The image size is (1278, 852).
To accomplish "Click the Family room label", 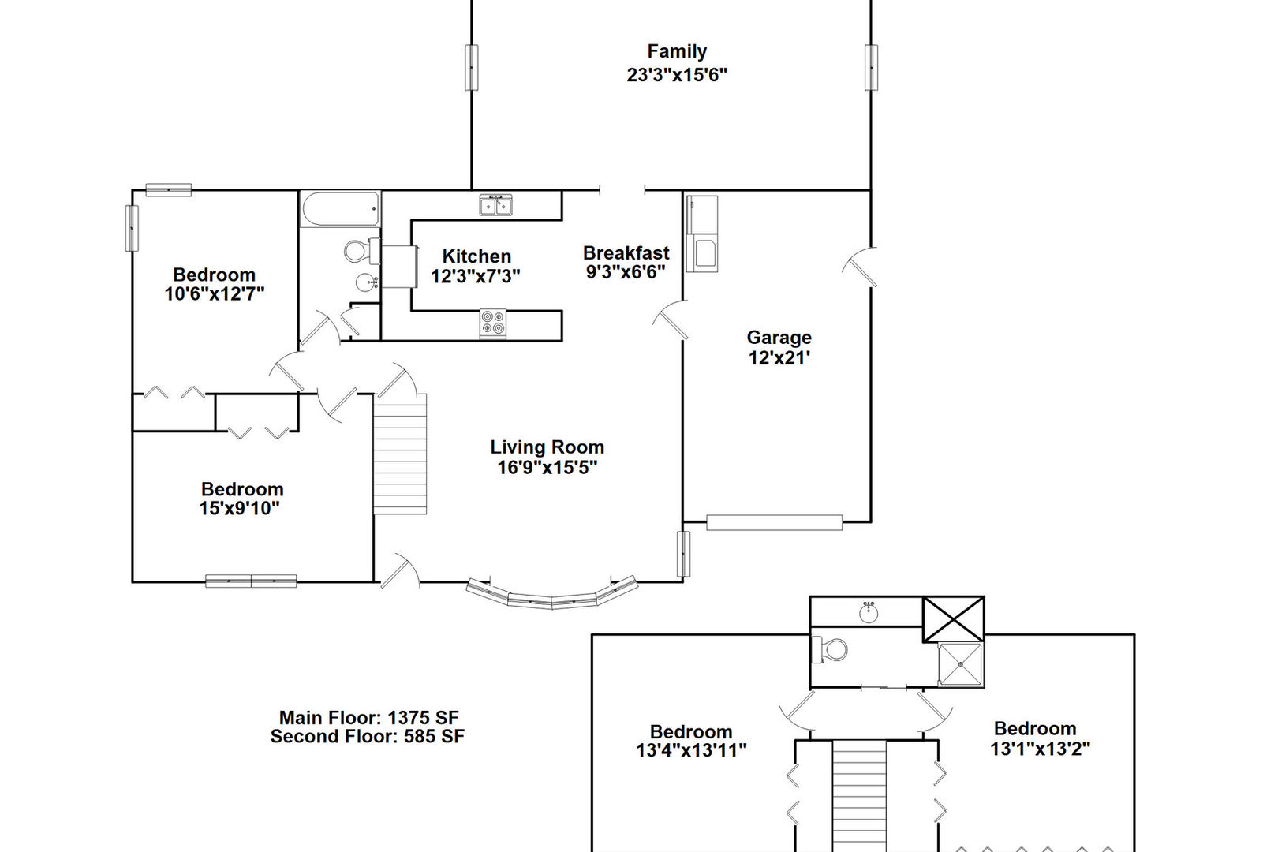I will tap(676, 52).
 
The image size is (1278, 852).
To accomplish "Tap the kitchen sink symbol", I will tap(496, 206).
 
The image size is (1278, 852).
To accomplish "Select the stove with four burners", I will tap(493, 323).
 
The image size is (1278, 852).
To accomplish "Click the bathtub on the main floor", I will tap(340, 209).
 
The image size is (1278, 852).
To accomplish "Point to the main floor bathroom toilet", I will tap(359, 252).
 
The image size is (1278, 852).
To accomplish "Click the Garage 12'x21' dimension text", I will tap(779, 357).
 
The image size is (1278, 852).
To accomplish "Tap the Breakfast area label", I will tap(626, 253).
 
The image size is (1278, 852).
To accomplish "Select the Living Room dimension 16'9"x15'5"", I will tap(547, 467).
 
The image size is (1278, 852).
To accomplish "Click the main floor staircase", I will tap(400, 454).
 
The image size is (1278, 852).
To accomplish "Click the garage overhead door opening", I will tap(774, 522).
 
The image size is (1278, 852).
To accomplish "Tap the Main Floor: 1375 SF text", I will tap(368, 717).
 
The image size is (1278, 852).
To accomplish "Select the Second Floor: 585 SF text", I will tap(367, 737).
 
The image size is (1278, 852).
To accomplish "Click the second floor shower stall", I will tap(960, 664).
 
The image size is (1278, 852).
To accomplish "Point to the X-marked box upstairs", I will tap(953, 619).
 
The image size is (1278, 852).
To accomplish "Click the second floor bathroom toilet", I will tap(831, 649).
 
